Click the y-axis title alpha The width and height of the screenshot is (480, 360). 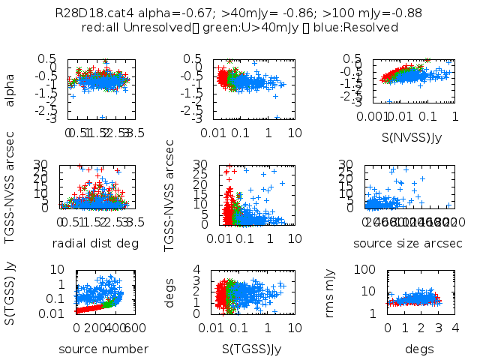coord(10,88)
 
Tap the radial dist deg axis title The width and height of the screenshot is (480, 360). coord(97,243)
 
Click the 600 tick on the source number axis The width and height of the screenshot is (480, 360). coord(136,328)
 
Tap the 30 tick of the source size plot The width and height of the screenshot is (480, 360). coord(346,164)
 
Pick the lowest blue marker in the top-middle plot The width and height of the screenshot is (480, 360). coord(277,118)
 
